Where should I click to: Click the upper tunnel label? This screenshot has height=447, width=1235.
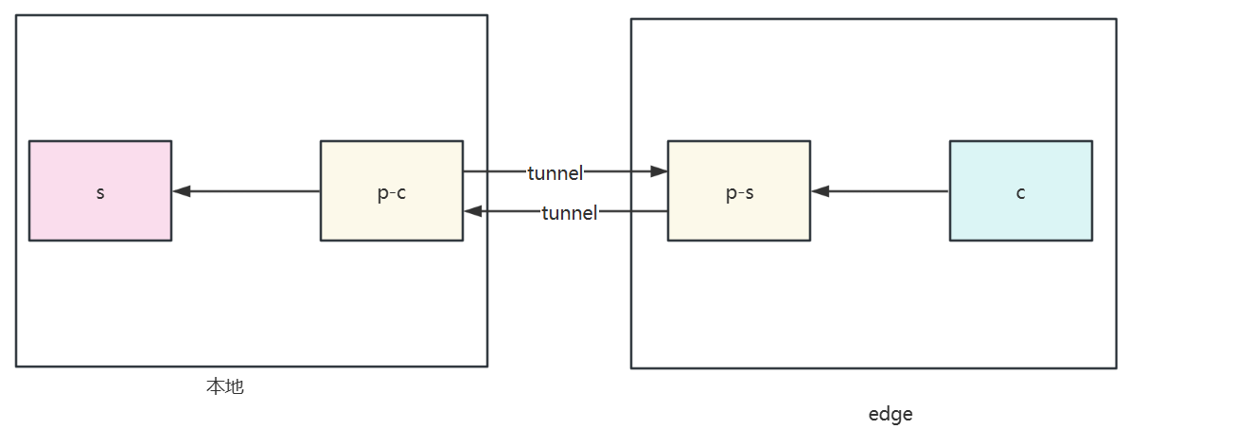[x=556, y=172]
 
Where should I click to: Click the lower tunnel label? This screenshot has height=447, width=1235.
[x=569, y=213]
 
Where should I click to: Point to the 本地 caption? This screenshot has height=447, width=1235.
[x=225, y=386]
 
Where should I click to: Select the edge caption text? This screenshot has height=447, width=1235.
[x=891, y=414]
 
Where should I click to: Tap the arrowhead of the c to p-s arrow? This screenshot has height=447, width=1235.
[x=820, y=191]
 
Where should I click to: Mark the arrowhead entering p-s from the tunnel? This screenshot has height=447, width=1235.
[x=660, y=172]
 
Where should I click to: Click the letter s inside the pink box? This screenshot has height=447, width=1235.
[x=100, y=192]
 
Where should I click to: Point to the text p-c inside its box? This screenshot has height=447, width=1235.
[x=391, y=192]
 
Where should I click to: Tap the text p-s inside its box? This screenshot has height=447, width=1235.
[x=738, y=192]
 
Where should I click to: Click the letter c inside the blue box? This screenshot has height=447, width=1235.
[x=1020, y=192]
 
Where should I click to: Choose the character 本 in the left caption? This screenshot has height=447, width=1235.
[x=216, y=386]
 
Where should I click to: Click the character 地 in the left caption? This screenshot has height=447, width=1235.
[x=235, y=386]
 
